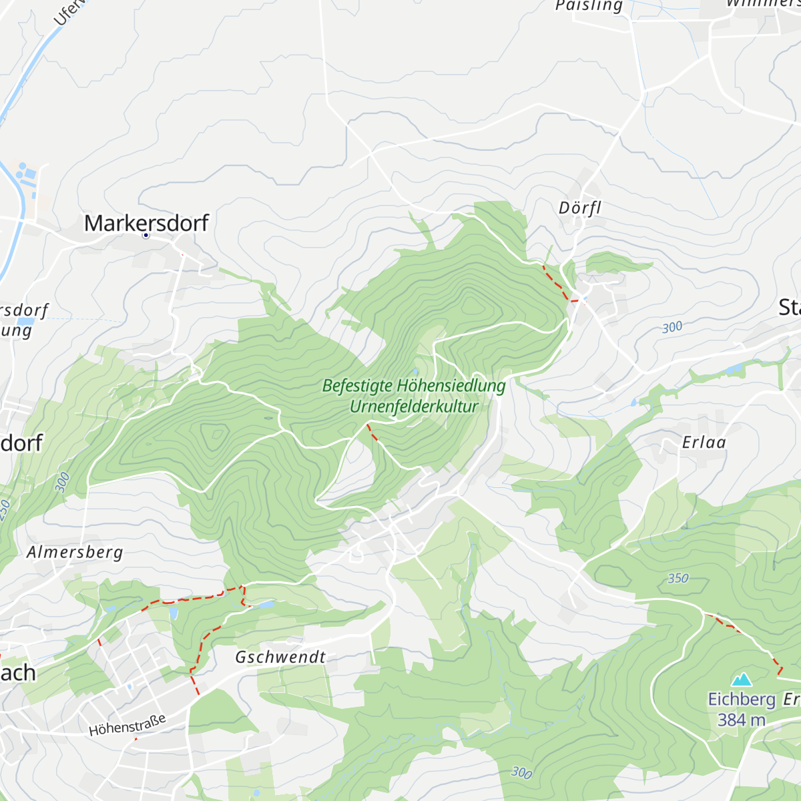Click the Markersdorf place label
[x=146, y=222]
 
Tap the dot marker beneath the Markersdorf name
[x=146, y=236]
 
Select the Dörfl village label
[x=580, y=208]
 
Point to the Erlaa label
[x=704, y=442]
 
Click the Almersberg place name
[x=75, y=552]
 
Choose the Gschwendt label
[x=280, y=657]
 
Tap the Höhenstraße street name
[x=127, y=725]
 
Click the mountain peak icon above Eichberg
[x=741, y=680]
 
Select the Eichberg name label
[x=741, y=699]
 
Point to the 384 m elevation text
[x=741, y=720]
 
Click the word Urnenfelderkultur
[x=414, y=406]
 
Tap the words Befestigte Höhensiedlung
[x=414, y=386]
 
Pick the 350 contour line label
[x=678, y=578]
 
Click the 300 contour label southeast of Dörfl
[x=672, y=327]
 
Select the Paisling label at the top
[x=589, y=6]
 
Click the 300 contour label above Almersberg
[x=62, y=482]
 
